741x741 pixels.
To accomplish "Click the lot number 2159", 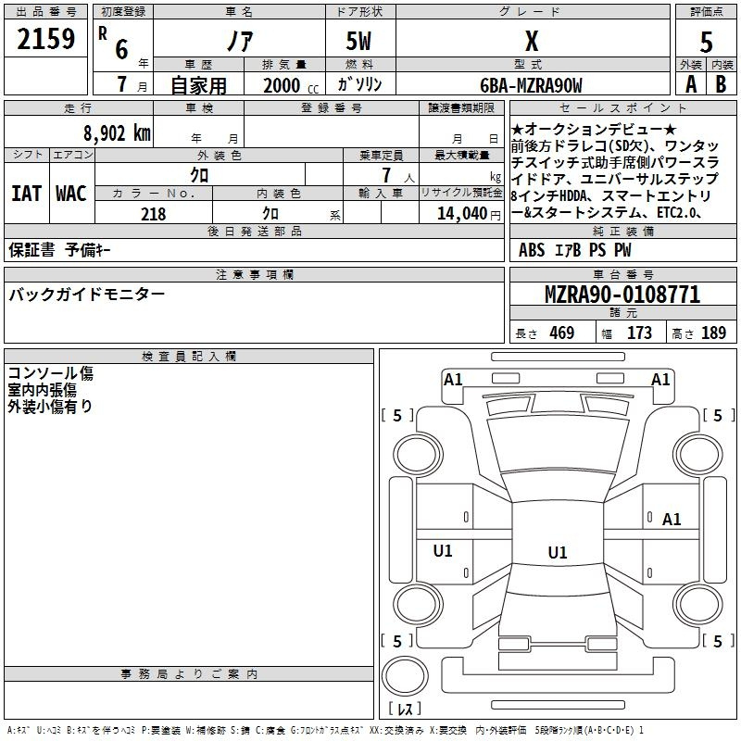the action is click(45, 39).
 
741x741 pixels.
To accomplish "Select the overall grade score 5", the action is click(706, 43).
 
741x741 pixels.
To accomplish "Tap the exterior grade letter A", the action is click(691, 84).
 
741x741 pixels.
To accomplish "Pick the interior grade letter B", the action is click(721, 84).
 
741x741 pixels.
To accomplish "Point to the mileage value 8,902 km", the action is click(118, 133).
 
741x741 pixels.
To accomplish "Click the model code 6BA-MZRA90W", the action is click(531, 85).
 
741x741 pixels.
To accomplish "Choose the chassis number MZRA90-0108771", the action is click(622, 295).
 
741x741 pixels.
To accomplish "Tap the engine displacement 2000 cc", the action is click(291, 85).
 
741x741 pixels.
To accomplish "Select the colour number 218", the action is click(153, 214).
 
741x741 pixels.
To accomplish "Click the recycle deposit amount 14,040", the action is click(462, 214).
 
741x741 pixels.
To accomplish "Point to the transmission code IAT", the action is click(26, 194).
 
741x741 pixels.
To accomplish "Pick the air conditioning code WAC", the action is click(71, 194).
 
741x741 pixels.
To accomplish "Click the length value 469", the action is click(562, 333).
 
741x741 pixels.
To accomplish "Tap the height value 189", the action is click(713, 333).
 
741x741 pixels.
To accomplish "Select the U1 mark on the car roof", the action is click(558, 552).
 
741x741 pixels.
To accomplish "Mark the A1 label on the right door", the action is click(672, 520).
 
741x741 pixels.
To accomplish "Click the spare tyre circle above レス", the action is click(405, 676).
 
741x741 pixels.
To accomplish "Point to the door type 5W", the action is click(358, 41).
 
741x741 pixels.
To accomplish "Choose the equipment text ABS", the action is click(532, 250).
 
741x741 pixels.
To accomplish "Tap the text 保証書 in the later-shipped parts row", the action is click(31, 249).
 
